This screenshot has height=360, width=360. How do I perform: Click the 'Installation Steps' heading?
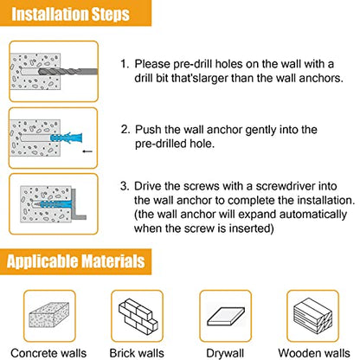click(71, 14)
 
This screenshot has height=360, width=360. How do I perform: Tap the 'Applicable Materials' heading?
click(76, 261)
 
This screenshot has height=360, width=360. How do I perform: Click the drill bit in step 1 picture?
click(68, 72)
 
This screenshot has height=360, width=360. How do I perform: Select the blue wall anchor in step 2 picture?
click(67, 138)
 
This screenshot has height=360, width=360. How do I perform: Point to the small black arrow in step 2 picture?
click(87, 151)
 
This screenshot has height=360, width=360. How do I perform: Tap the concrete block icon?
click(49, 315)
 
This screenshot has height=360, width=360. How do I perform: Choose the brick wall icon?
click(138, 316)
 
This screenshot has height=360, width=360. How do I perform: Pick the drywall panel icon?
click(226, 317)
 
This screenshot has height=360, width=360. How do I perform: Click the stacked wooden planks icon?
click(313, 316)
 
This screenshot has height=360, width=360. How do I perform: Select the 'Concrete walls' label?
click(48, 353)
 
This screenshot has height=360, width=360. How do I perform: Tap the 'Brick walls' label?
click(137, 353)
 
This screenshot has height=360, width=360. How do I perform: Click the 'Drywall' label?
click(225, 354)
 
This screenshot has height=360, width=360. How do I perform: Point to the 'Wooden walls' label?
click(314, 353)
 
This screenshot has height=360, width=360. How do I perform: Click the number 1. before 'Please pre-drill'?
click(125, 64)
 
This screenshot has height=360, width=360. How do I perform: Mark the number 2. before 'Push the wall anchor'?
click(125, 130)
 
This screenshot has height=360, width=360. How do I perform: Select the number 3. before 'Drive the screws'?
click(125, 186)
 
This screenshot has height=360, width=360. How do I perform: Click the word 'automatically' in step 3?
click(313, 215)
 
